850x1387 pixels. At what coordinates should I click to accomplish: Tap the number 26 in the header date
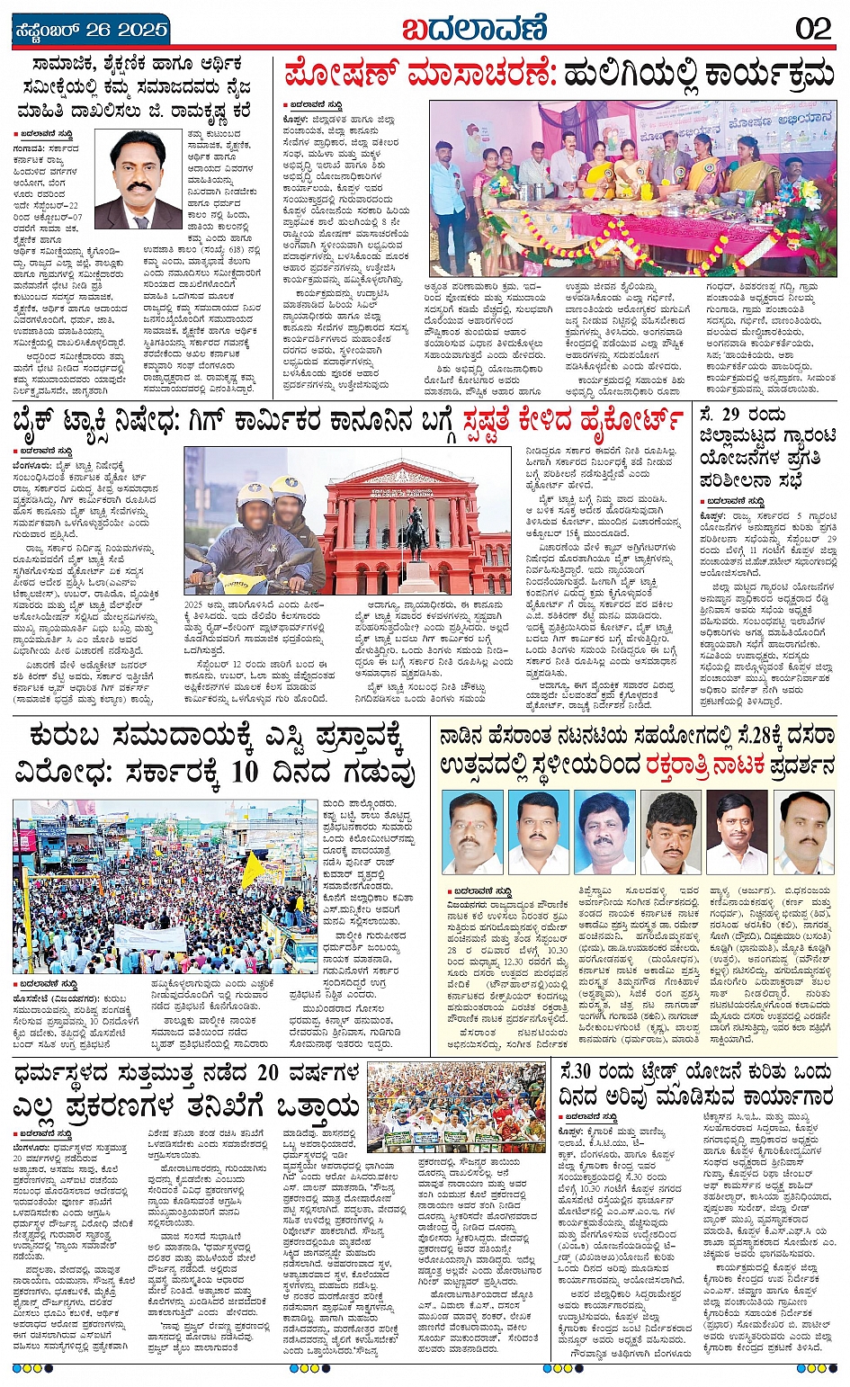(x=99, y=30)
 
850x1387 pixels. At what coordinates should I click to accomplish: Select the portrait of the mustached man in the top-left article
(x=139, y=181)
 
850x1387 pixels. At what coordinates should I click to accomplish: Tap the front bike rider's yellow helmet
(x=255, y=497)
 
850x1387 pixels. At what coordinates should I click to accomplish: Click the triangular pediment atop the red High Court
(x=399, y=475)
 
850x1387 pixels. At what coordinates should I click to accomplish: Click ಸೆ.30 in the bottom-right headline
(x=576, y=1072)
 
